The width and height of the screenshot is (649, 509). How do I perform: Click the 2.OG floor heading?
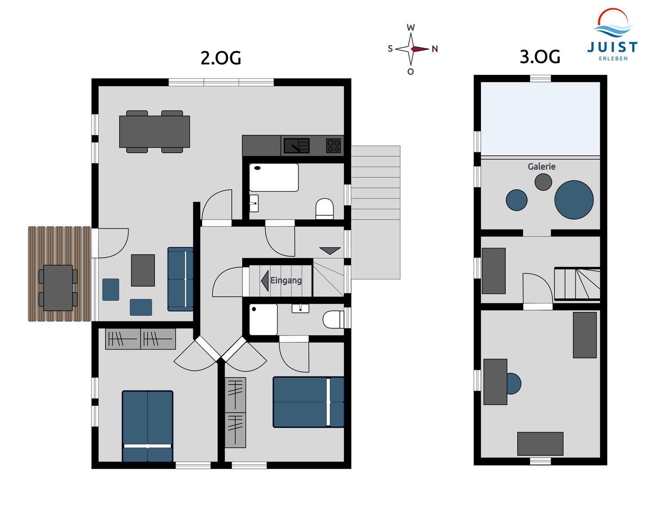pos(221,58)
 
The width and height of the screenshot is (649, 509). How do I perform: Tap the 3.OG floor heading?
pos(539,57)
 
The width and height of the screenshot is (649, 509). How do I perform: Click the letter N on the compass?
pos(434,49)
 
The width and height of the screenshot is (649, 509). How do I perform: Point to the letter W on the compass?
pos(411,28)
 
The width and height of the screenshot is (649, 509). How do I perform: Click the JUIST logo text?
pos(612,47)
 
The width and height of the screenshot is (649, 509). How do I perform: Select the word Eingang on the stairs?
pos(286,280)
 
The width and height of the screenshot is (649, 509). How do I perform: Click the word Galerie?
pos(541,166)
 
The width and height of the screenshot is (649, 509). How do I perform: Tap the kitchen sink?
pos(296,146)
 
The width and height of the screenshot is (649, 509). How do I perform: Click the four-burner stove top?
pos(334,146)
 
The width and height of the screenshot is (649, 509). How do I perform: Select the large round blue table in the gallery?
pos(574,200)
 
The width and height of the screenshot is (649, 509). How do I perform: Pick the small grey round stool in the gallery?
pos(543,182)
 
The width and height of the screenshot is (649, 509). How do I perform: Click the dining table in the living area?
pos(155,132)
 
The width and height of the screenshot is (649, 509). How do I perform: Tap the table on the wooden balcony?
pos(58,288)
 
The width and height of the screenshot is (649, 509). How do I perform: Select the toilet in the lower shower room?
pos(333,319)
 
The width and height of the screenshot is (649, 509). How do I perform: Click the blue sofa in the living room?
pos(180,279)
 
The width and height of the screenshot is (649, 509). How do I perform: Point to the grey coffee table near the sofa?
pos(143,271)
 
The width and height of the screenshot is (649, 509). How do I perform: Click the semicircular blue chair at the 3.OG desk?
pos(514,384)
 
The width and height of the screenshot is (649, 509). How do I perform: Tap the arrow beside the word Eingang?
pos(265,280)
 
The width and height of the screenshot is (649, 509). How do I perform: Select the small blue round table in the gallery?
pos(516,200)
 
